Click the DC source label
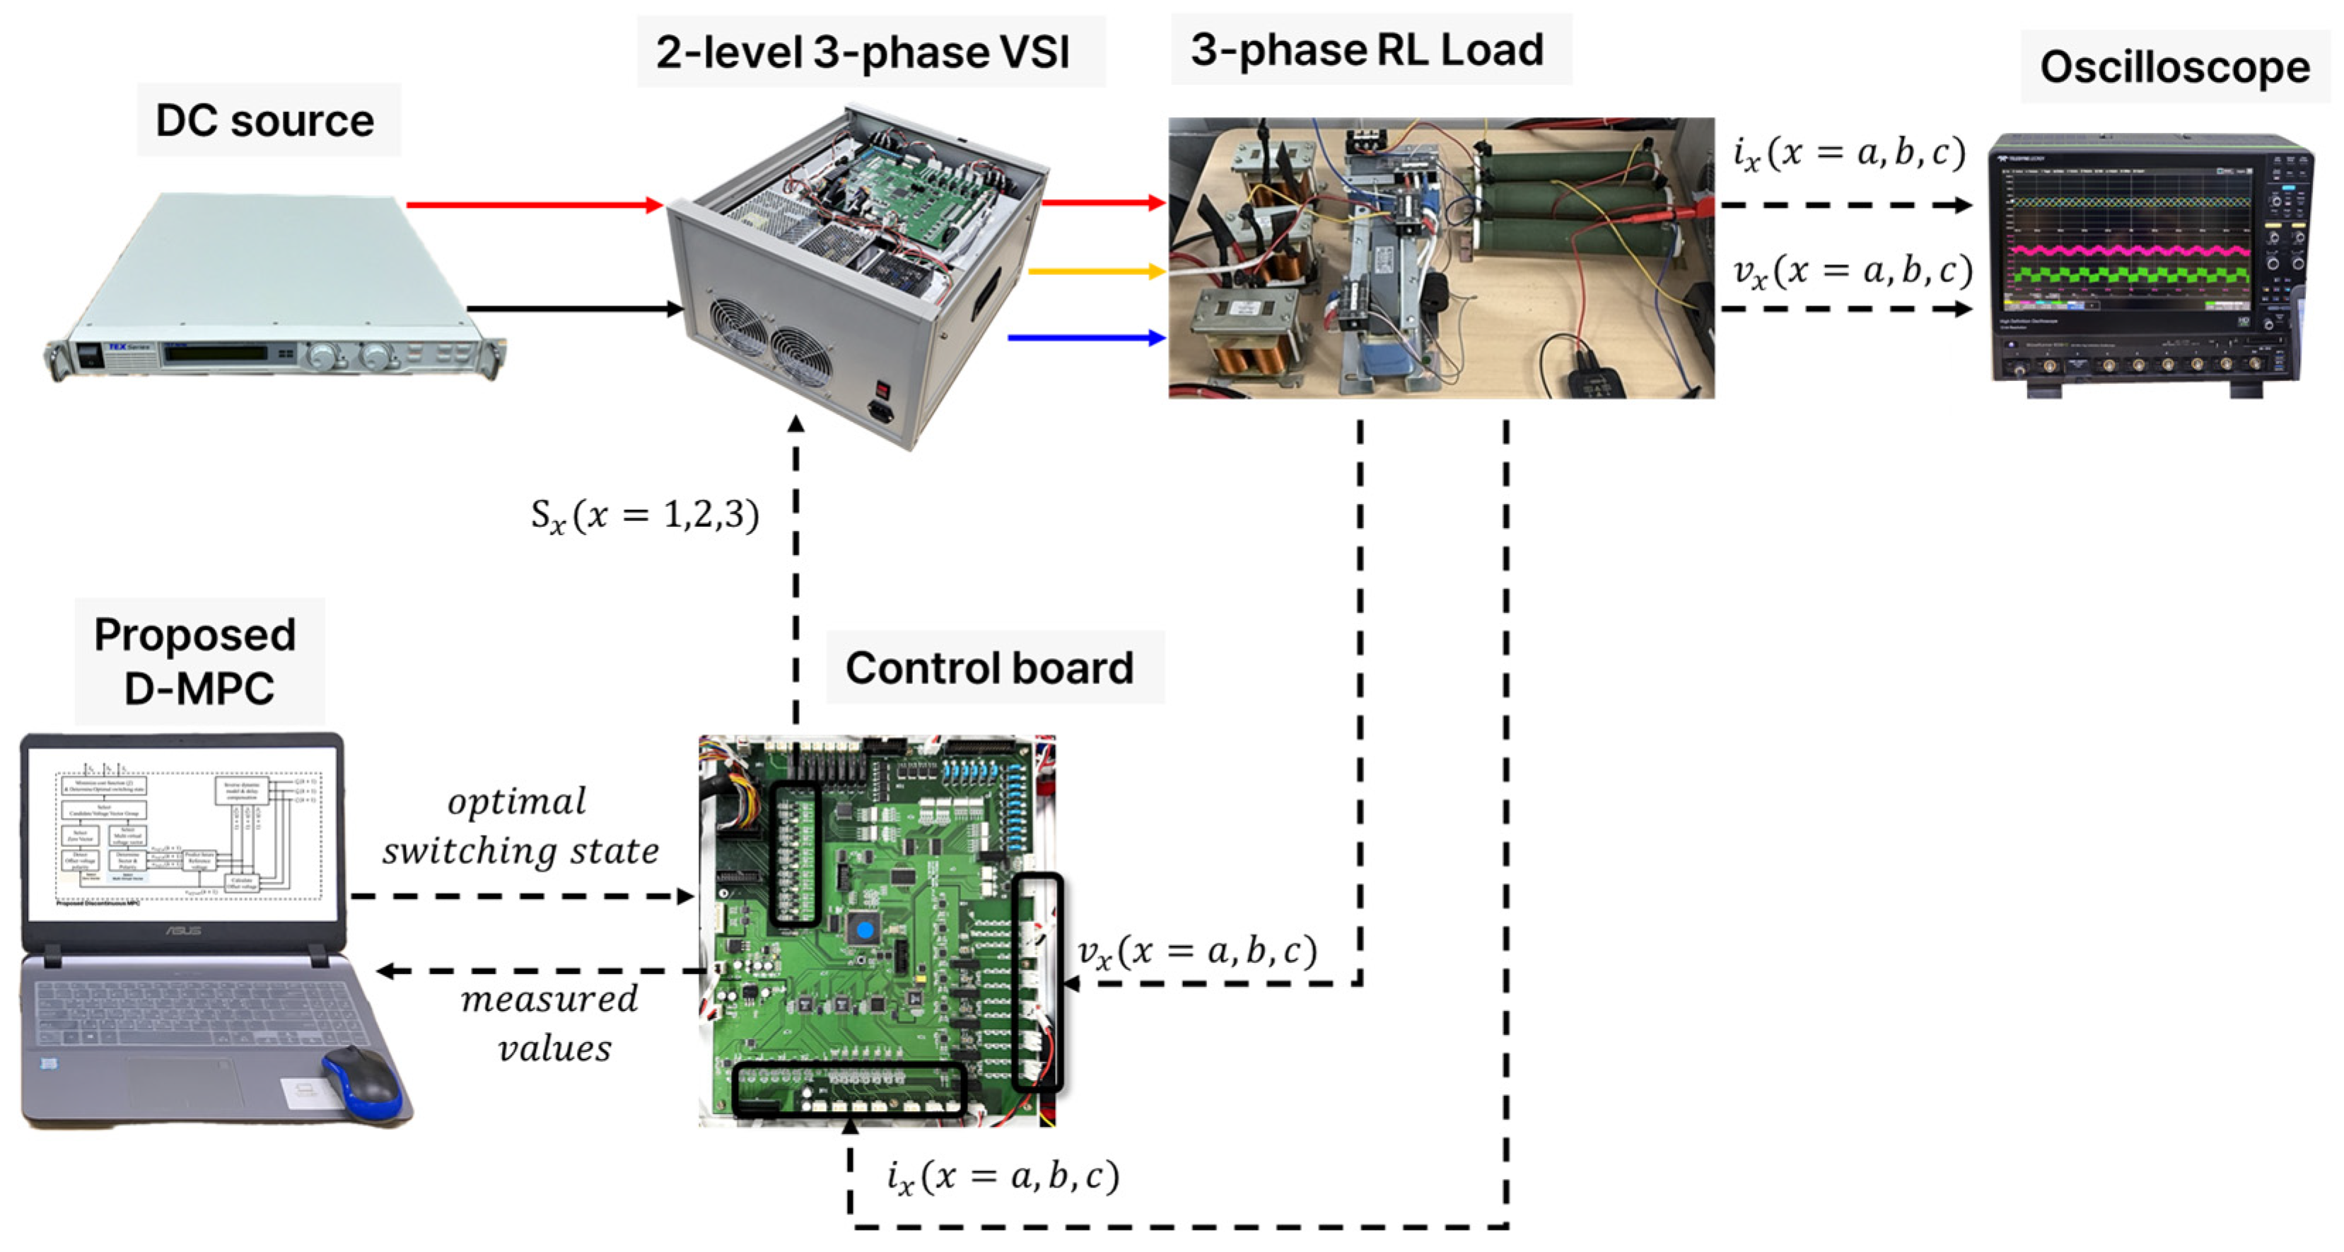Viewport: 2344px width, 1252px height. pos(264,121)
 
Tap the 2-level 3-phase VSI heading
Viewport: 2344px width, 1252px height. pos(863,52)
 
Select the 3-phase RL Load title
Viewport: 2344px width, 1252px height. pos(1367,49)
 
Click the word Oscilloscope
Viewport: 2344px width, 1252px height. pos(2175,67)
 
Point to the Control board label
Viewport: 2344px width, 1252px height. pos(989,668)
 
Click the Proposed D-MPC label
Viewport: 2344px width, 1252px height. pos(196,662)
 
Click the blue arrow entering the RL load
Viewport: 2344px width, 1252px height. pos(1088,338)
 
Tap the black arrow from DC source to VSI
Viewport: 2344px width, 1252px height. pos(573,308)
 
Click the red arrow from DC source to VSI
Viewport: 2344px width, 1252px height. pos(532,205)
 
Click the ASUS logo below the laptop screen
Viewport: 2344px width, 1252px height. pos(182,931)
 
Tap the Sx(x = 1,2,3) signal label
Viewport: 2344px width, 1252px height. pos(644,516)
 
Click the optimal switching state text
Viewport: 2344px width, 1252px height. pos(520,826)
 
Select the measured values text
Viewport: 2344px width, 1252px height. pos(549,1024)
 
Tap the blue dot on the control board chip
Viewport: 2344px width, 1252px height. pos(865,930)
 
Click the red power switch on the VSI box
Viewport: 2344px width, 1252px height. pos(881,389)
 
